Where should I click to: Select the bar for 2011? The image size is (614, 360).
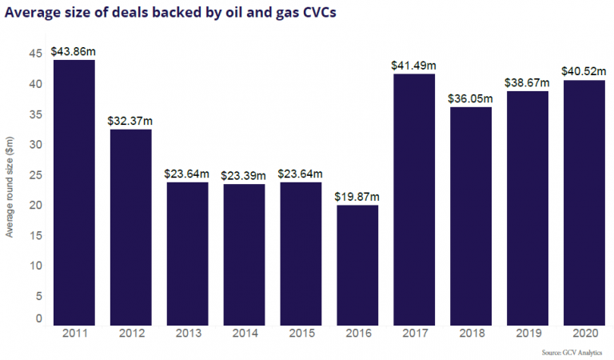click(74, 192)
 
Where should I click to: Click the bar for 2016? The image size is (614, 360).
click(357, 265)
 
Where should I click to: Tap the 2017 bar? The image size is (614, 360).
click(414, 199)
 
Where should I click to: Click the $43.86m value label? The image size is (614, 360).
click(74, 50)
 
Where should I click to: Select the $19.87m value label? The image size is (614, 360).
click(357, 197)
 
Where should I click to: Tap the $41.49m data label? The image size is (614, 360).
click(414, 65)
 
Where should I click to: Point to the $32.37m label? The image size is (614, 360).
click(130, 121)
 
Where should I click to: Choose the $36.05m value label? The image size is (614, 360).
click(471, 98)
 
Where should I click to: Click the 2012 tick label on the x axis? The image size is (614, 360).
click(130, 334)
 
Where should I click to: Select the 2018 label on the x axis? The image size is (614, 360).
click(471, 334)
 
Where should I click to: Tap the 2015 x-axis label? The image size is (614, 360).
click(301, 334)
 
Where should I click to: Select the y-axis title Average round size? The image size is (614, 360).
click(10, 186)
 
